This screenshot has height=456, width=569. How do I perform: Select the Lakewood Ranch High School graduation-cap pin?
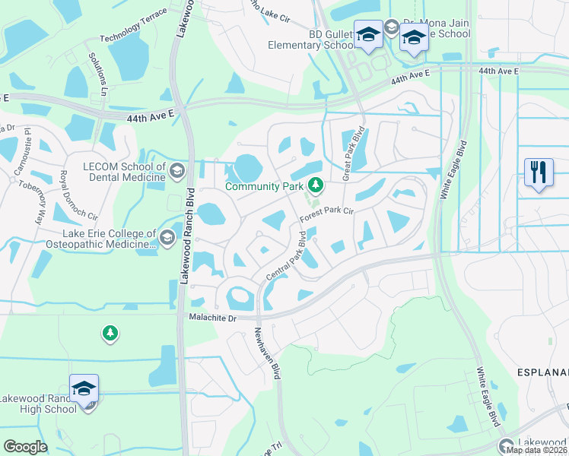[84, 388]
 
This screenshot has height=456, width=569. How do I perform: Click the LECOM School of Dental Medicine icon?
[177, 169]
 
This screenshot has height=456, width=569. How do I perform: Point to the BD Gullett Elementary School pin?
[369, 36]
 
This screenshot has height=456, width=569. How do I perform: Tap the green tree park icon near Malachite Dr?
[110, 333]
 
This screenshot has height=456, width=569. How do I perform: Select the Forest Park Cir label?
[328, 215]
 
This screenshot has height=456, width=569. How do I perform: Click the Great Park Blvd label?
[355, 151]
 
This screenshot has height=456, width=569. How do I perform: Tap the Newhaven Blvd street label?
[267, 359]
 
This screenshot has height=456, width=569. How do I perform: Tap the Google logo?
[25, 447]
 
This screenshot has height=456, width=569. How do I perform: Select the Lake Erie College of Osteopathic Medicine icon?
[167, 242]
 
